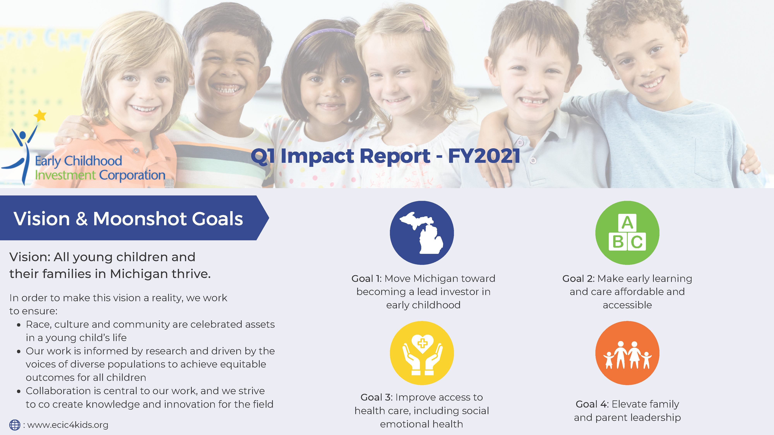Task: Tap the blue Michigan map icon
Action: (422, 233)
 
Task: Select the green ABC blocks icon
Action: (627, 233)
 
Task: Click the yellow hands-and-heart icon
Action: (422, 353)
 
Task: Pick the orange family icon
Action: (627, 353)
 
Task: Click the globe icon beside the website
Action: (15, 425)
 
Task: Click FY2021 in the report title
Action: (484, 156)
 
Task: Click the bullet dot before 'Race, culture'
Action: (19, 325)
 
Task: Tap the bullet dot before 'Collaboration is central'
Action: (19, 391)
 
